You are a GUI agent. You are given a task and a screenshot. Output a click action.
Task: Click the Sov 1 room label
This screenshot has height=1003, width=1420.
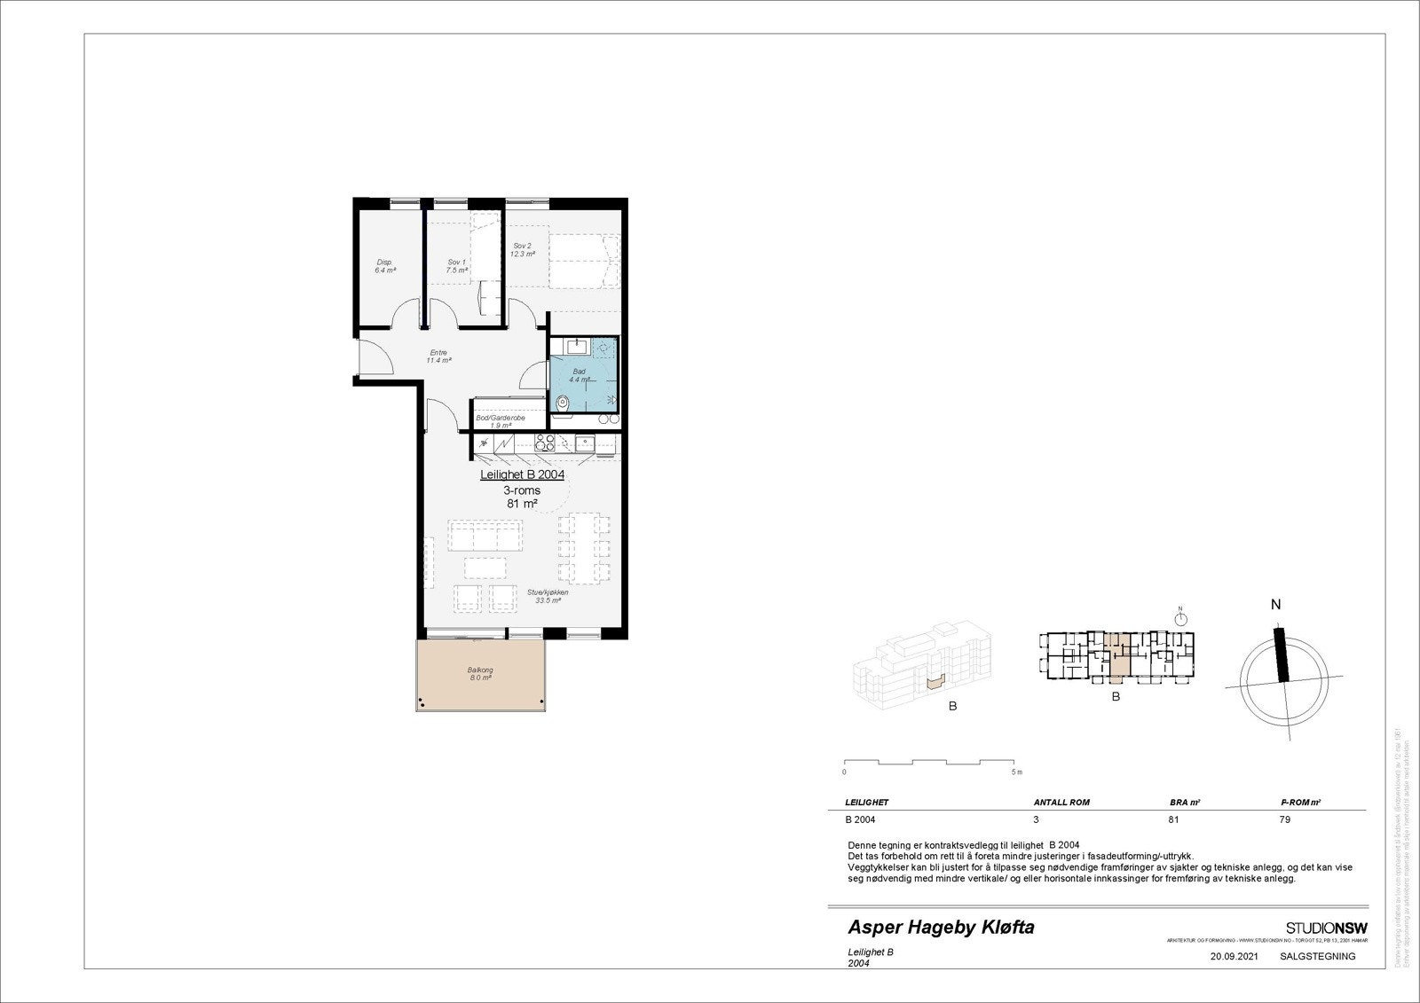click(456, 265)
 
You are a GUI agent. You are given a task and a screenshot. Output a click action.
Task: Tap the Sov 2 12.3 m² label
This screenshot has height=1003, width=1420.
click(522, 250)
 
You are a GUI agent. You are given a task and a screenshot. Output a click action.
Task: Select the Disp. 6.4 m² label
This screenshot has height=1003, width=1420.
click(384, 266)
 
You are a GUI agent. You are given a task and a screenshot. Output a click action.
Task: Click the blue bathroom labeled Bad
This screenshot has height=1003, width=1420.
click(581, 375)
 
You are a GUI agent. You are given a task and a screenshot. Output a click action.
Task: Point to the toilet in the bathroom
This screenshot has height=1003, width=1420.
click(562, 404)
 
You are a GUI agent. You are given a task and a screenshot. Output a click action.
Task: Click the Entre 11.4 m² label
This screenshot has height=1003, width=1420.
click(438, 357)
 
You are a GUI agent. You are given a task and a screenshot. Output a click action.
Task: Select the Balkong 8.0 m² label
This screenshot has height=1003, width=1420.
click(480, 674)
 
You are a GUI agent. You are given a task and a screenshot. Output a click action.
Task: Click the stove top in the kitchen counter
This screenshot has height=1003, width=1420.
click(544, 443)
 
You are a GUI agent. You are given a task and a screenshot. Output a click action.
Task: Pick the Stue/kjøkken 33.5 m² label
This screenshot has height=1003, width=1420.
click(548, 596)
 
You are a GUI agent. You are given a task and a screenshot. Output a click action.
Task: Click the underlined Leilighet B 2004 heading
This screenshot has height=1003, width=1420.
click(522, 474)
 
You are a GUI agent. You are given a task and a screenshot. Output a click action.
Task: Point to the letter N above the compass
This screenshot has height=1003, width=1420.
click(1276, 605)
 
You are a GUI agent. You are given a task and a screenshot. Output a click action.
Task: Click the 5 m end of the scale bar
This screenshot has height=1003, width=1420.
click(1016, 772)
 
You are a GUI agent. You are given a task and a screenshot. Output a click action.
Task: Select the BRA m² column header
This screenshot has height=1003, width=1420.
click(1185, 802)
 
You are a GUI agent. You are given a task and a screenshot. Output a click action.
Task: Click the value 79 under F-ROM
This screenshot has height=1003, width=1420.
click(1285, 819)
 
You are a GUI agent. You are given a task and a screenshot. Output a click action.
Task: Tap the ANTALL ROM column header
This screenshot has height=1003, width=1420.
click(1061, 802)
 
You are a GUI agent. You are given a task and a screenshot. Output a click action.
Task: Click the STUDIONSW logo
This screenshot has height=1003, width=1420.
click(1326, 928)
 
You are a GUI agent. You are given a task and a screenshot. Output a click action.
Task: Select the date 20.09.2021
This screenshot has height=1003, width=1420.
click(1234, 956)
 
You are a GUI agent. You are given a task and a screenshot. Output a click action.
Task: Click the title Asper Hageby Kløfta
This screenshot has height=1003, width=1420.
click(941, 928)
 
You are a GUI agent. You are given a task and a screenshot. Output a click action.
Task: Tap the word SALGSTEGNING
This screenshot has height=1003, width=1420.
click(1317, 956)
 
